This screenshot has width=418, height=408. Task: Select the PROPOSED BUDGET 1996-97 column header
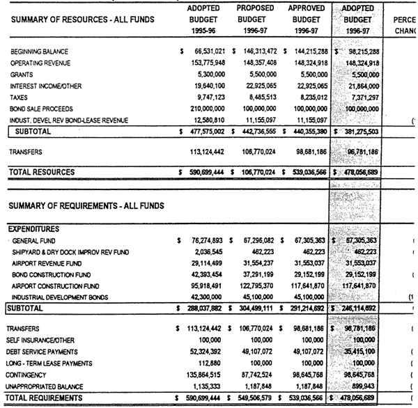coord(256,20)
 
